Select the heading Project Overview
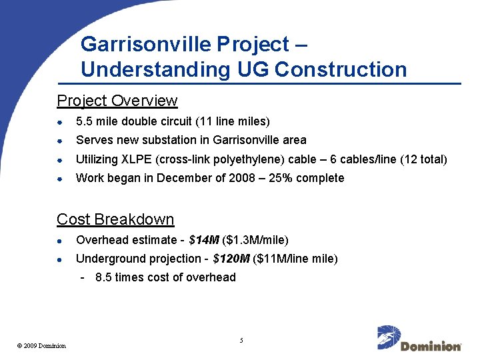(117, 101)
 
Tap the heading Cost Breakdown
(115, 219)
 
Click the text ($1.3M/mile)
(255, 240)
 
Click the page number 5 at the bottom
(241, 341)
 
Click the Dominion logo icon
(387, 337)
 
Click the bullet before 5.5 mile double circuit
(59, 123)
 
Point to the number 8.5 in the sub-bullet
(103, 277)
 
